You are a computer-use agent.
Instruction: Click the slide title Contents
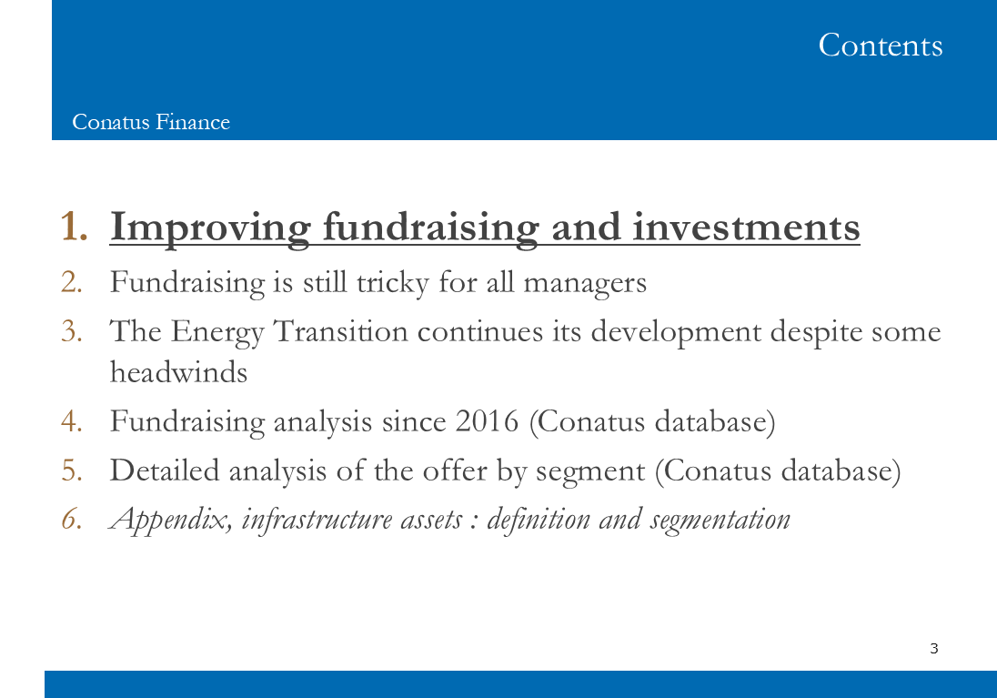(880, 46)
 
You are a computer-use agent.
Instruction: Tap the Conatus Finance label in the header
(151, 122)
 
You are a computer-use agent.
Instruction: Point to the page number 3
(934, 648)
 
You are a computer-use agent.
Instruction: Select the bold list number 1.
(74, 227)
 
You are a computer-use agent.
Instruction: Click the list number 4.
(72, 421)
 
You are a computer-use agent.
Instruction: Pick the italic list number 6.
(72, 520)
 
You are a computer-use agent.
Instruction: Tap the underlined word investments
(746, 228)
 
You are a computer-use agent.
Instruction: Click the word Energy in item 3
(217, 333)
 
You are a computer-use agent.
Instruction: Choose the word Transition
(341, 331)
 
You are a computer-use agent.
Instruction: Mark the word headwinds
(178, 372)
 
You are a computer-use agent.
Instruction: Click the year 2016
(487, 421)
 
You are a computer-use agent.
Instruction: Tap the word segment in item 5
(590, 472)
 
